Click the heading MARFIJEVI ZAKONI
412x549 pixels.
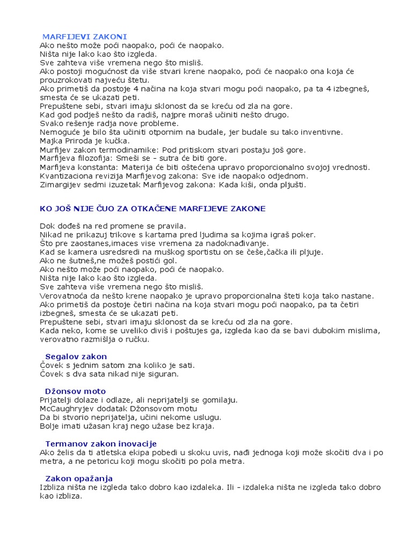click(x=85, y=37)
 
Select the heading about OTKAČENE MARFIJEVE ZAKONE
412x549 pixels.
click(x=152, y=208)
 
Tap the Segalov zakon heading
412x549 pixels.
click(x=76, y=357)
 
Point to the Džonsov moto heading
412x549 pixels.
click(x=76, y=391)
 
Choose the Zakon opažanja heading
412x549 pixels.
click(x=79, y=478)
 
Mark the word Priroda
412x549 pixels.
click(x=81, y=141)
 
